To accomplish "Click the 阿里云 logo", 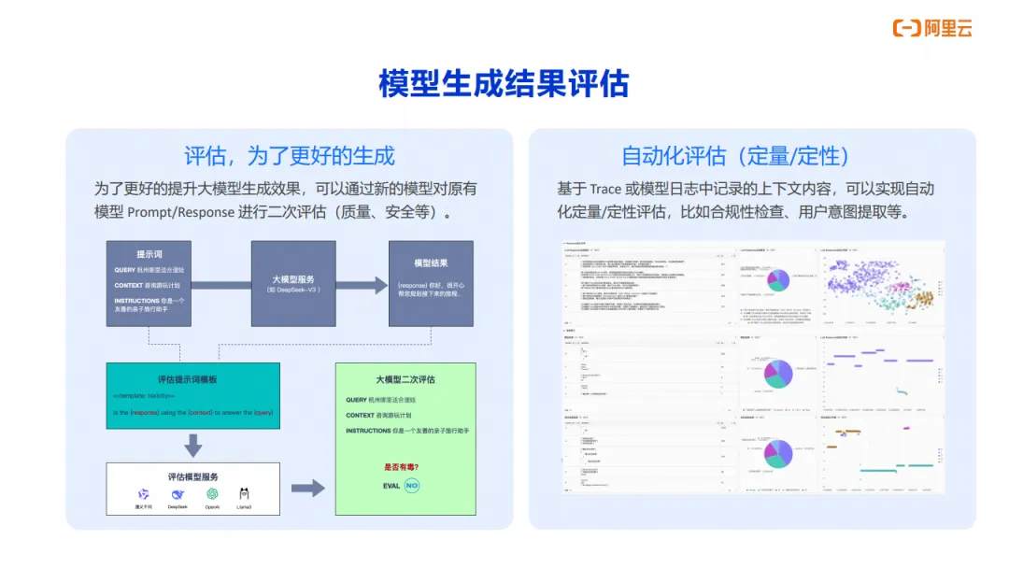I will click(x=932, y=28).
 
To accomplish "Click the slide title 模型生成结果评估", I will click(x=504, y=83).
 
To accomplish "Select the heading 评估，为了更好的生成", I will click(x=289, y=156).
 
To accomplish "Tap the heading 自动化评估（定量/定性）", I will click(x=735, y=156).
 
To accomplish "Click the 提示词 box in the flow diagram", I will click(x=149, y=283).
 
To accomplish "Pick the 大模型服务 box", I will click(x=292, y=283).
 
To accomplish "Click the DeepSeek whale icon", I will click(x=178, y=494).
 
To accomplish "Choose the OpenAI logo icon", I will click(x=212, y=494).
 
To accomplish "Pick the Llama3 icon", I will click(x=244, y=494).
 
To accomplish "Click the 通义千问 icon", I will click(x=143, y=494).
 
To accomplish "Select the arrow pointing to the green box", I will click(x=307, y=488).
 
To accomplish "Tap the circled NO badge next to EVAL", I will click(x=412, y=486).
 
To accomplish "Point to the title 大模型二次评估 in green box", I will click(x=405, y=379).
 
